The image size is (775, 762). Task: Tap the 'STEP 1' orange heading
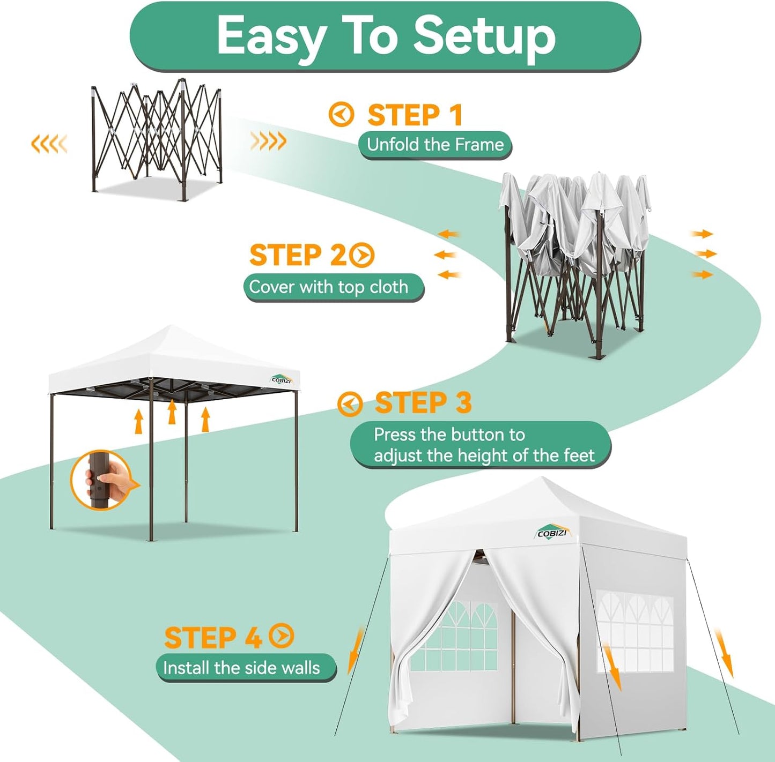pos(414,115)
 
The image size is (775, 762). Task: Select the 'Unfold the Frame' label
pos(435,145)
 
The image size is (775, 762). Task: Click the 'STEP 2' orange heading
pos(298,255)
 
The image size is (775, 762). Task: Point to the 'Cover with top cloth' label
pos(329,287)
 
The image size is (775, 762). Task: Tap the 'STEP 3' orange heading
pos(423,403)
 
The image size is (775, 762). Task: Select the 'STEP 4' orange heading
pos(213,638)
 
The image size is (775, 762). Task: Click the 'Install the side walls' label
pos(241,668)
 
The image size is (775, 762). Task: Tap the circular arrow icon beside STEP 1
pos(341,115)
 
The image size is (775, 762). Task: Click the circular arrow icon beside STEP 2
pos(362,255)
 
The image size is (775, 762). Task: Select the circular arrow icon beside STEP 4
pos(282,636)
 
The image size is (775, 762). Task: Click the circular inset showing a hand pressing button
pos(101,480)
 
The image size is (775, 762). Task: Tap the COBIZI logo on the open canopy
pos(281,379)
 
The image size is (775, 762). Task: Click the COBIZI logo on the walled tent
pos(552,532)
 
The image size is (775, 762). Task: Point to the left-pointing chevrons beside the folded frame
pos(49,144)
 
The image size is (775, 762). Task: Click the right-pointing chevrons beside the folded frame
pos(268,141)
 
